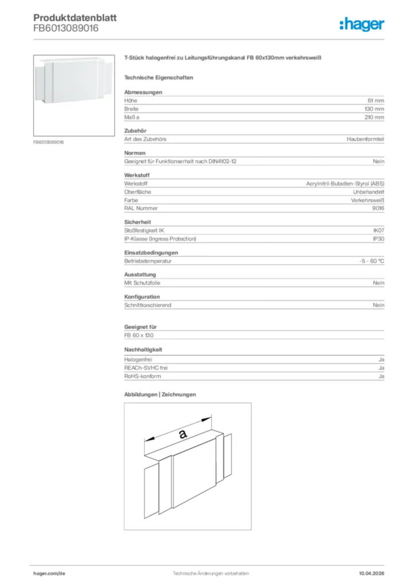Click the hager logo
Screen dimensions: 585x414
(x=362, y=24)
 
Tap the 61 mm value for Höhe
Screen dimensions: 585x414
(x=376, y=101)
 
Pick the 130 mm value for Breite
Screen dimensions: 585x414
(x=375, y=109)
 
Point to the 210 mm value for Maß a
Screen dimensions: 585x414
(x=375, y=117)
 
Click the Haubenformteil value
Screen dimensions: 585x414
(x=365, y=139)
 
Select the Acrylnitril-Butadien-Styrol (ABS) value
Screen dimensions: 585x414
(x=345, y=184)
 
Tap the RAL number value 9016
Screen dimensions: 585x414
(x=378, y=209)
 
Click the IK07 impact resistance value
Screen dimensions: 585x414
(x=379, y=230)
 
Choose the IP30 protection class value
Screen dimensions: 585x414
(x=379, y=238)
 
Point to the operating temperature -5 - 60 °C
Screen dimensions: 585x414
(x=368, y=261)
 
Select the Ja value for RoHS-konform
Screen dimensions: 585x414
(x=381, y=376)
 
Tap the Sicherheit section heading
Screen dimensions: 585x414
(x=137, y=222)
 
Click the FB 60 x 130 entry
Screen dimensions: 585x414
(x=140, y=335)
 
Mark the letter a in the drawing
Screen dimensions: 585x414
(x=183, y=434)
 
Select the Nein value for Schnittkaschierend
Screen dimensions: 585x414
(x=379, y=306)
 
